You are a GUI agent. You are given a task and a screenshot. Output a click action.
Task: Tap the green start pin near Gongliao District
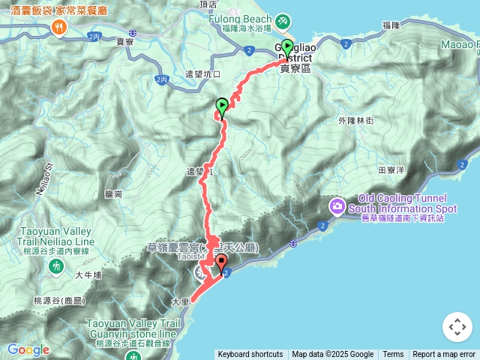pyautogui.click(x=286, y=47)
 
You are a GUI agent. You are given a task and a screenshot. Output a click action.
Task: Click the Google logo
pyautogui.click(x=29, y=349)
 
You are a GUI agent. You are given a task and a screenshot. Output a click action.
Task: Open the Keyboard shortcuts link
pyautogui.click(x=250, y=355)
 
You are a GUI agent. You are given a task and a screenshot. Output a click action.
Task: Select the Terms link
pyautogui.click(x=393, y=355)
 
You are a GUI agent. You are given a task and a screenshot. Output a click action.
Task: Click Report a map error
pyautogui.click(x=444, y=355)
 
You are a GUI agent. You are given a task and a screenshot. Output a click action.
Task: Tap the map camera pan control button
pyautogui.click(x=457, y=327)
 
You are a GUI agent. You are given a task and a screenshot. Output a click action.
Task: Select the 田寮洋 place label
pyautogui.click(x=391, y=170)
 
